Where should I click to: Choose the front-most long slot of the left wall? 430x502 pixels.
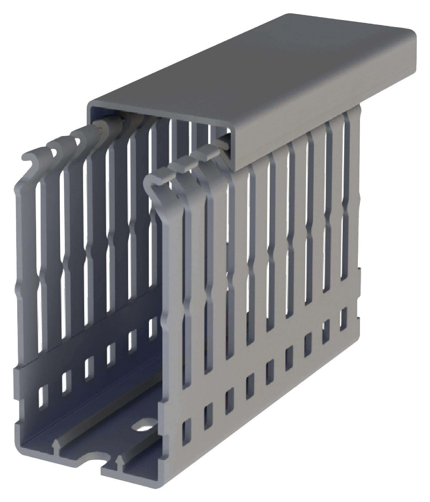point(39,250)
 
